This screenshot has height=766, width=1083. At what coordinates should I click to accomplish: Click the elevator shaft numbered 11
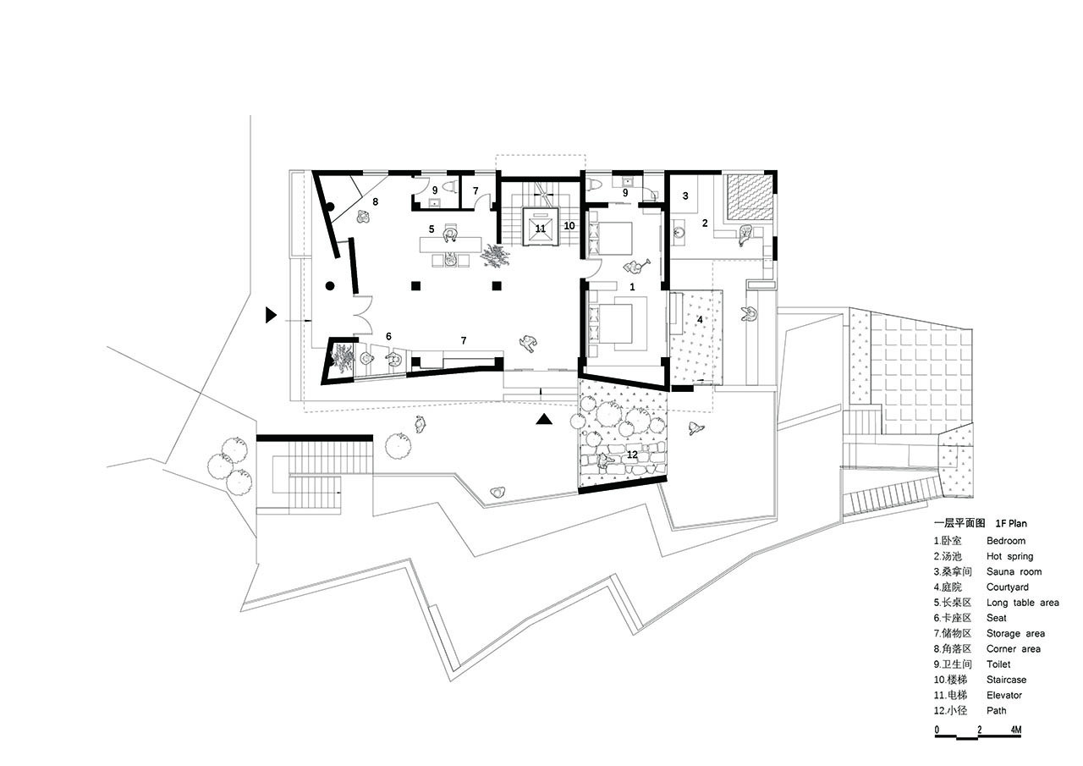(x=541, y=228)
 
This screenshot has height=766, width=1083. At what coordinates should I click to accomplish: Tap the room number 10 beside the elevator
(x=569, y=226)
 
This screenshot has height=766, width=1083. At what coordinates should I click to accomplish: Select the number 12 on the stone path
(x=632, y=455)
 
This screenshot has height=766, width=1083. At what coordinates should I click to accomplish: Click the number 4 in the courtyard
(x=699, y=320)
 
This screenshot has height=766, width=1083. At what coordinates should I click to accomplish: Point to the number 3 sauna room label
(x=685, y=196)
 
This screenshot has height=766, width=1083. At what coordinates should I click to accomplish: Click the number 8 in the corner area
(x=375, y=201)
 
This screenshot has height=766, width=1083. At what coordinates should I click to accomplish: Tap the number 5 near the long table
(x=432, y=229)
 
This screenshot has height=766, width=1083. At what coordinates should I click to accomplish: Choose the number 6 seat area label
(x=388, y=336)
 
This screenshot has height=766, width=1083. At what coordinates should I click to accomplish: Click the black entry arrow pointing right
(x=271, y=316)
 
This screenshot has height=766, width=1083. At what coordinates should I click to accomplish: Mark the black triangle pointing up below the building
(x=544, y=420)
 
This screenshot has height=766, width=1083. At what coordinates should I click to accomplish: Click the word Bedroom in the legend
(x=1006, y=541)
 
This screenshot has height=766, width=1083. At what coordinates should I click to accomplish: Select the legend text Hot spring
(x=1010, y=556)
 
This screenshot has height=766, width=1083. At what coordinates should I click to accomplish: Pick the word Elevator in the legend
(x=1004, y=695)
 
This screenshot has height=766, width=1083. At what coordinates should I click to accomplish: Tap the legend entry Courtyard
(x=1008, y=587)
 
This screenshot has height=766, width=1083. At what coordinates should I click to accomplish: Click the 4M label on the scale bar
(x=1015, y=730)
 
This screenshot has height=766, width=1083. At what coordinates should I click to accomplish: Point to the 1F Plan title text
(x=1009, y=523)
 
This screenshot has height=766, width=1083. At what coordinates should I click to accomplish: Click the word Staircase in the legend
(x=1007, y=680)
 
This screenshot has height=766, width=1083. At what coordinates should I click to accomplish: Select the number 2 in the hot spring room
(x=705, y=223)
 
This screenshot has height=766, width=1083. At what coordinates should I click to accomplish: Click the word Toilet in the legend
(x=998, y=664)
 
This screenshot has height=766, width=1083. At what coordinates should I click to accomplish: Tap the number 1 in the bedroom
(x=632, y=287)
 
